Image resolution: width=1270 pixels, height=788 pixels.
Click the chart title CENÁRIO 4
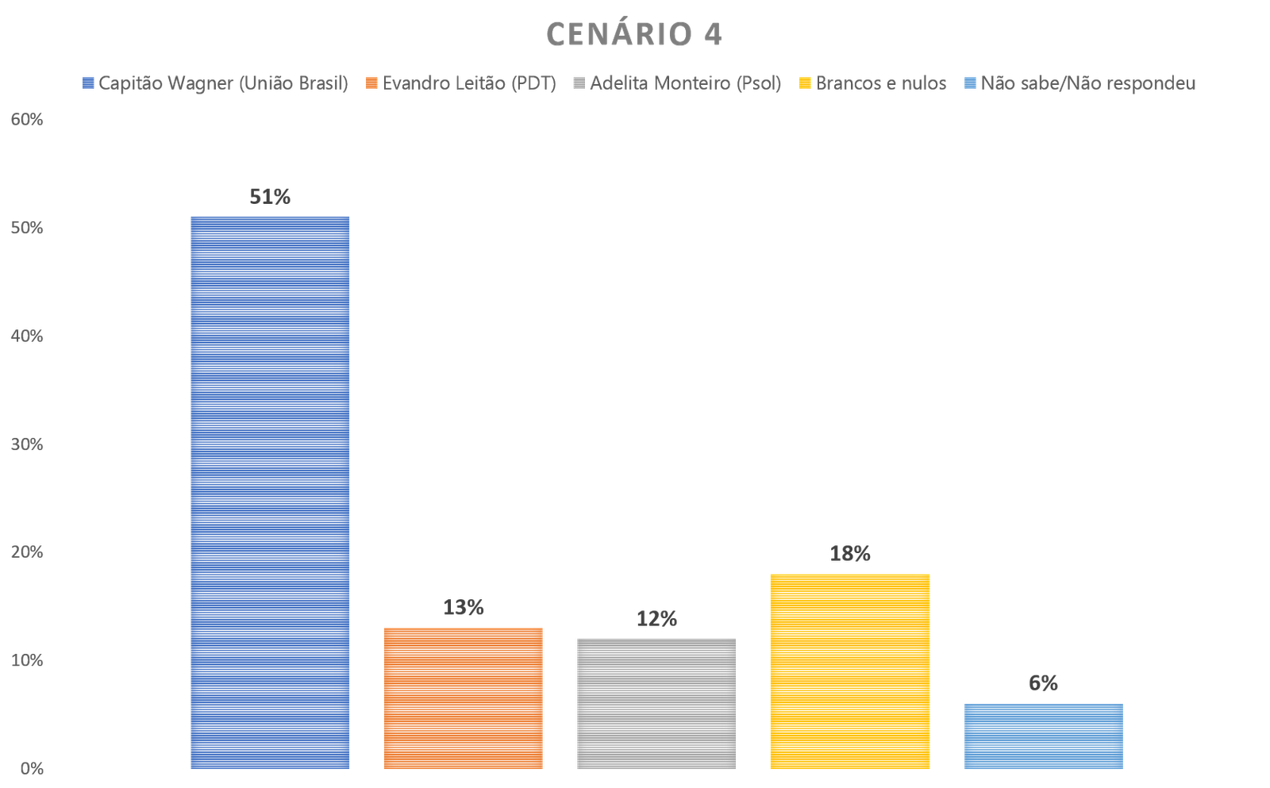[x=633, y=35]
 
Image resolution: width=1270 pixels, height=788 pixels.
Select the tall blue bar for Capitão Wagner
[x=270, y=492]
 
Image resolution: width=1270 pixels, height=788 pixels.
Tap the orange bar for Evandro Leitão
[x=464, y=698]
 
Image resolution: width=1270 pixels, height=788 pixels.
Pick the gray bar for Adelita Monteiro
[x=656, y=703]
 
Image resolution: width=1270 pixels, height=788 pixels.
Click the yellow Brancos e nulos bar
[x=850, y=671]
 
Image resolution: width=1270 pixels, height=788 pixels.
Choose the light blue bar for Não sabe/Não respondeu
[x=1044, y=736]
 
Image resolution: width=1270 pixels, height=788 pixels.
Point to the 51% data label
[x=270, y=197]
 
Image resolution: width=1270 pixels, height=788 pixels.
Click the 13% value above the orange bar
[x=464, y=608]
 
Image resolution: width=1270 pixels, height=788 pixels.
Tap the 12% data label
[x=656, y=619]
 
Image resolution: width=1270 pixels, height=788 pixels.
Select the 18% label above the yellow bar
[x=850, y=554]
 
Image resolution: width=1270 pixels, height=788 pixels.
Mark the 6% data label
[x=1044, y=683]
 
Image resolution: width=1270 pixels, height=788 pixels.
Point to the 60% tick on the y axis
[x=26, y=120]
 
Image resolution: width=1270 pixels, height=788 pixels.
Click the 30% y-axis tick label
[x=26, y=444]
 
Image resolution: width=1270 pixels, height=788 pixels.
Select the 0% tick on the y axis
[x=31, y=769]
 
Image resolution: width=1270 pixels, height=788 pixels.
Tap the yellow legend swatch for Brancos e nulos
[x=805, y=83]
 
